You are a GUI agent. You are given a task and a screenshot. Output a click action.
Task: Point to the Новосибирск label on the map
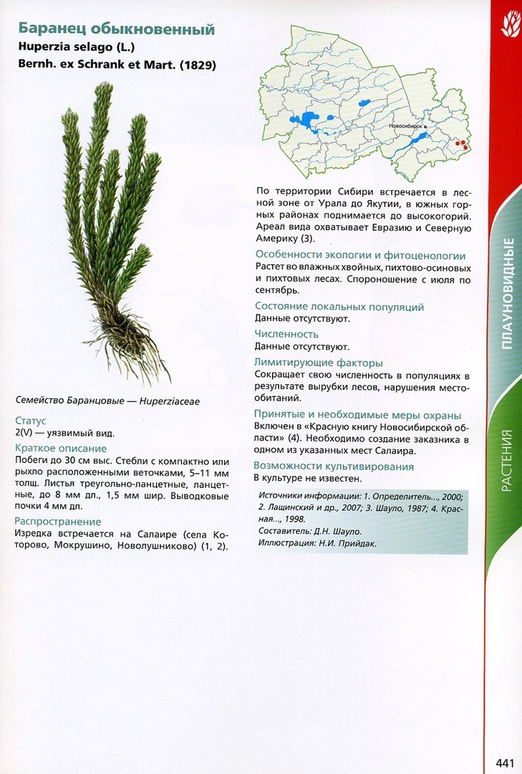point(405,125)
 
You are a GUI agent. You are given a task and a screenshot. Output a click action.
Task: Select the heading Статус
point(30,421)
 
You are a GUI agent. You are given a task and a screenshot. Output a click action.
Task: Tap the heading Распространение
point(58,521)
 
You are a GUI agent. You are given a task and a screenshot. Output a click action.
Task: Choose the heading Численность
point(286,334)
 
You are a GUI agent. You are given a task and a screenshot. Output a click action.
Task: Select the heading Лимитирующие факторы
point(318,363)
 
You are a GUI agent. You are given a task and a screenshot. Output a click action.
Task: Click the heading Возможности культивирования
point(334,467)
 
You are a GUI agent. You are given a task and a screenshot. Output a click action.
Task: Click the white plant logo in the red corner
point(510,25)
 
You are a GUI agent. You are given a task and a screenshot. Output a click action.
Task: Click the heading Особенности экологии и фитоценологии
point(360,255)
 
